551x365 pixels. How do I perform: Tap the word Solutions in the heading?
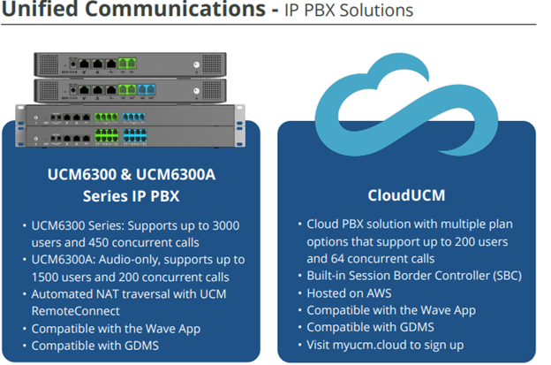click(x=378, y=12)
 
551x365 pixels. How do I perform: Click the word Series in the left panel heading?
click(x=89, y=194)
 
